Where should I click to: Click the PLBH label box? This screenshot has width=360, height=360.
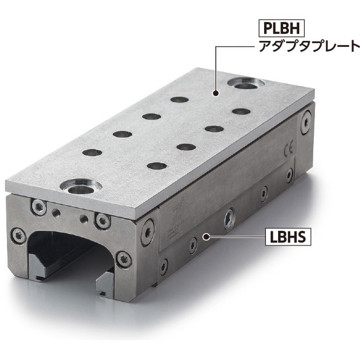tap(281, 28)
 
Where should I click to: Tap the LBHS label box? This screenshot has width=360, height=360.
tap(288, 237)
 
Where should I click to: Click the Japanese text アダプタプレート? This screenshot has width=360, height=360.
tap(309, 46)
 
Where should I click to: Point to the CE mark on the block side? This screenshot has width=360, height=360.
tap(288, 151)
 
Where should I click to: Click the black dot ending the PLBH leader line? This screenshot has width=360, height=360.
tap(216, 93)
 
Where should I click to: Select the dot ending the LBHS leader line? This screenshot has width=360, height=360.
tap(207, 237)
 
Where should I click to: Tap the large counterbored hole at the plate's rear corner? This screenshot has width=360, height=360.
tap(245, 83)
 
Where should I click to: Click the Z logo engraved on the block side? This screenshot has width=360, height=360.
tap(177, 211)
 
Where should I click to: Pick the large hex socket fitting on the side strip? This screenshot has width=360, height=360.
tap(229, 219)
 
